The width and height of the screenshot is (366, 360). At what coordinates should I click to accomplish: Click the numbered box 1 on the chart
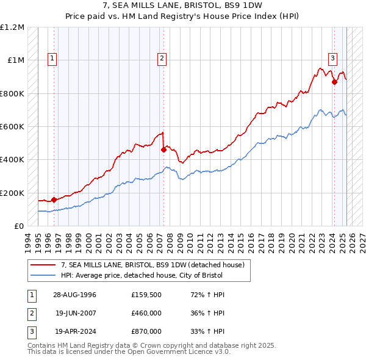tap(52, 59)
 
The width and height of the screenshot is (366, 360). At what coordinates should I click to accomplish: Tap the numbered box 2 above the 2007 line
tap(162, 59)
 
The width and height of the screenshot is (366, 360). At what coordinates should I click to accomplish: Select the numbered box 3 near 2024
tap(333, 59)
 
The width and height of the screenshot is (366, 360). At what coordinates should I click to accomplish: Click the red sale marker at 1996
tap(54, 200)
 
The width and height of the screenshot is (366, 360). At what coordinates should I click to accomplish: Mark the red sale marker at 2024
tap(334, 82)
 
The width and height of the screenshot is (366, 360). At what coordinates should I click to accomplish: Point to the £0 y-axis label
tap(18, 226)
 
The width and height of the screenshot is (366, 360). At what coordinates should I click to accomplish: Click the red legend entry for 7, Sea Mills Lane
tap(152, 265)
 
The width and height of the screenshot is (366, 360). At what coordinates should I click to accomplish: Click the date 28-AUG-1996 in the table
tap(75, 295)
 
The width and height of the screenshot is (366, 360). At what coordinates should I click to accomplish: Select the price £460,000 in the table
tap(146, 314)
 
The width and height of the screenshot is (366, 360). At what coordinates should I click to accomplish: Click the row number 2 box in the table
tap(30, 314)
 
